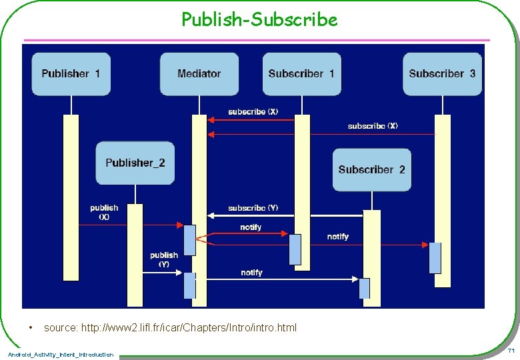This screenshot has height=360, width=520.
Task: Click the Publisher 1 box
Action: [71, 74]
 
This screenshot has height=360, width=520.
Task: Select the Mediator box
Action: [199, 74]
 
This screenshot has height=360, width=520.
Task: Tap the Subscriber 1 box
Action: [301, 74]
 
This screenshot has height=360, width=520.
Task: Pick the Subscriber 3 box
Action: [442, 74]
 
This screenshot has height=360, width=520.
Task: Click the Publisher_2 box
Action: [135, 163]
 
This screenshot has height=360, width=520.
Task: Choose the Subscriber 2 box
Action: [371, 169]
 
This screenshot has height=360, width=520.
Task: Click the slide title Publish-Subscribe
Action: [259, 20]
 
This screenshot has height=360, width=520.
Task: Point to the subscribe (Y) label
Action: [253, 208]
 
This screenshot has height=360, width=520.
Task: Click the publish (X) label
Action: [104, 212]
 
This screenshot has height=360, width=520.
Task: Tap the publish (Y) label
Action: [163, 259]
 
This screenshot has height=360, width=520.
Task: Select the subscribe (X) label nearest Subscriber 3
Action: [373, 125]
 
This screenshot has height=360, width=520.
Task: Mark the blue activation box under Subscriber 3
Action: [435, 258]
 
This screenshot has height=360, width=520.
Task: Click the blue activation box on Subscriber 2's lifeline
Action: [364, 288]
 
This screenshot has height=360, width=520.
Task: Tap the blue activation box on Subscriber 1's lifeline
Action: [295, 249]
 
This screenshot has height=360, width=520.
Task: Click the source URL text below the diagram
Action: [170, 327]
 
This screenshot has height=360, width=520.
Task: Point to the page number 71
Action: [511, 351]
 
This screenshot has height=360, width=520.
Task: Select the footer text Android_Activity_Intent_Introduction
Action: [61, 354]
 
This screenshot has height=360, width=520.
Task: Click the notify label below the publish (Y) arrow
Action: [251, 272]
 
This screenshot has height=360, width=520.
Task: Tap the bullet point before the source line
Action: [31, 327]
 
